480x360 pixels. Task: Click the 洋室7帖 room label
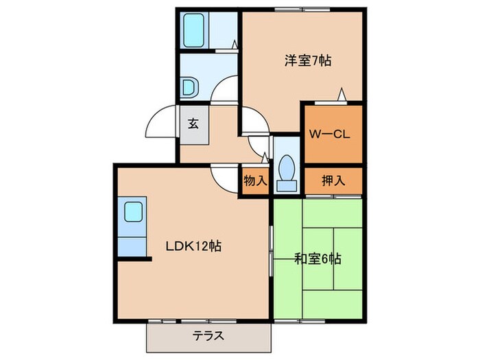click(308, 60)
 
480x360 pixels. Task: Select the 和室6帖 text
click(317, 259)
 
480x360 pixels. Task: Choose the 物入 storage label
click(254, 181)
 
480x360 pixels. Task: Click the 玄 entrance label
click(193, 124)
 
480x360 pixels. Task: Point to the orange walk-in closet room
click(332, 134)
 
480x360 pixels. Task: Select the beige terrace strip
click(209, 337)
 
